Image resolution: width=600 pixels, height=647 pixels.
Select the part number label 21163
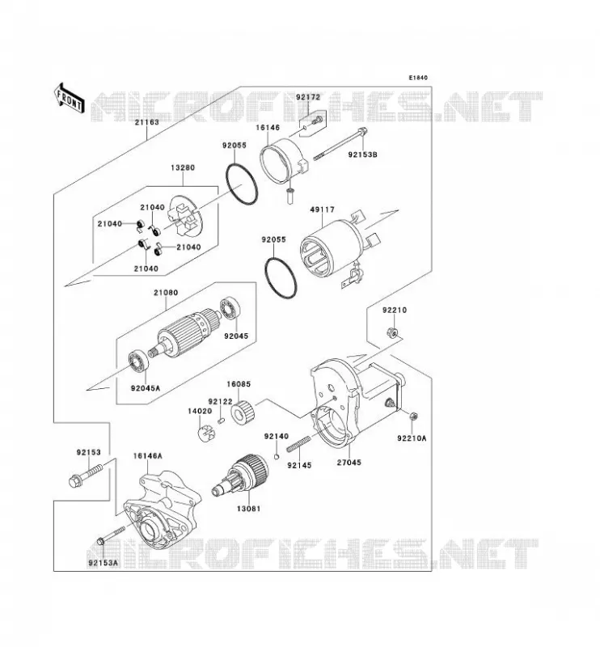pos(146,122)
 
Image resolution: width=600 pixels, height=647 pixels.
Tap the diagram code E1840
pos(418,78)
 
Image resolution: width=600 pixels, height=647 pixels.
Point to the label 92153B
pos(363,154)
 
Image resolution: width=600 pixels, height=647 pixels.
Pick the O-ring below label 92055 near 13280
pos(242,184)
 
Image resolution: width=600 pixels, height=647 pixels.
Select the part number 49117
pos(323,209)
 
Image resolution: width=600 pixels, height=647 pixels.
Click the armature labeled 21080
pos(183,334)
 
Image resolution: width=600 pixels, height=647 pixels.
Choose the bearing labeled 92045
pos(230,308)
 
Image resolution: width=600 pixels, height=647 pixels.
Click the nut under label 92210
pos(392,332)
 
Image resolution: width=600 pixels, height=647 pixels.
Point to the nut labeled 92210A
pos(413,417)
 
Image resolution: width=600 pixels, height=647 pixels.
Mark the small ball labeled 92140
pos(277,456)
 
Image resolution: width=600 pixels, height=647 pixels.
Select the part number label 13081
pos(248,509)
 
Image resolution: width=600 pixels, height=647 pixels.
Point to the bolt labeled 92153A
pos(110,535)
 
